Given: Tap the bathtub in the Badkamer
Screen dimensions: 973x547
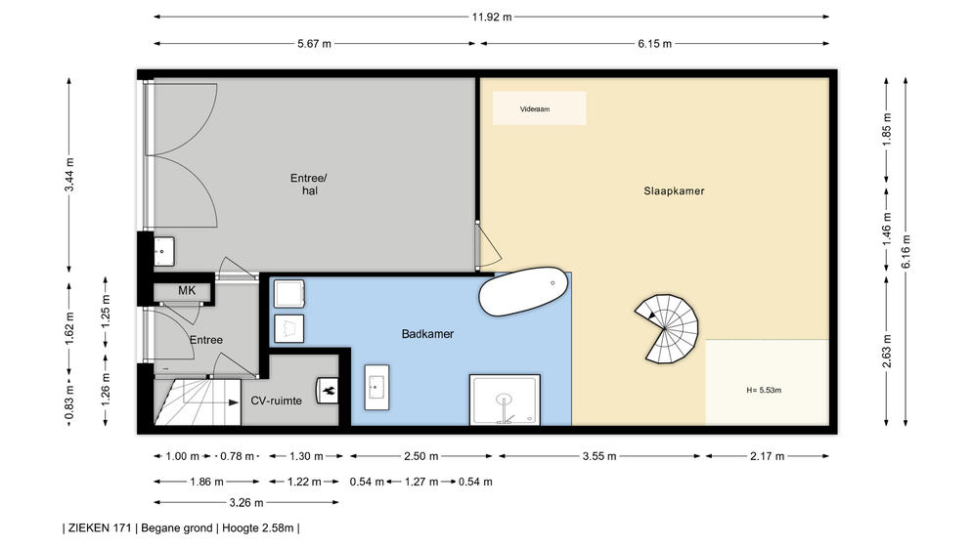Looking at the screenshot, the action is [523, 291].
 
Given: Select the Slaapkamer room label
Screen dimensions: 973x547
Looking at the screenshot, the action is [674, 191].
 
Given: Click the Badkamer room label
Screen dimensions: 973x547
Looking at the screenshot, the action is [427, 334].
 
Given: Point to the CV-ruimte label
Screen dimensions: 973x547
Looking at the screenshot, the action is [276, 400].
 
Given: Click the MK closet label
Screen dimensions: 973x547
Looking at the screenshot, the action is [187, 290].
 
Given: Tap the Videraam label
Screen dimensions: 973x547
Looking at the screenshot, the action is [535, 109].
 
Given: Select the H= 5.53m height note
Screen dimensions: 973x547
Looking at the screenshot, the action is [764, 390].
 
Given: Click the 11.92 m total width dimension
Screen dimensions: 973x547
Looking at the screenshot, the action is [492, 17].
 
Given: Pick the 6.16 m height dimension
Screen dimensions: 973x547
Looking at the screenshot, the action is [906, 252].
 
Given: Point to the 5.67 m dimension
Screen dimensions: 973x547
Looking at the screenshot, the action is [315, 43].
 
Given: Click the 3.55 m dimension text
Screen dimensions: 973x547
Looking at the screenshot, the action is [599, 456].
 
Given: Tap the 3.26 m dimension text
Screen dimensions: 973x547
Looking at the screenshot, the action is [246, 502].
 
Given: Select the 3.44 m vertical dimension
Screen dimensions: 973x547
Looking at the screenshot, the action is [69, 175].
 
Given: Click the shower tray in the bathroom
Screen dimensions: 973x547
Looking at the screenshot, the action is [505, 400].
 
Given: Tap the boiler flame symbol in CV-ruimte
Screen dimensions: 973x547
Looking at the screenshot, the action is [328, 391].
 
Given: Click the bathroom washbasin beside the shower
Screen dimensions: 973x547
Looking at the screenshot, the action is [376, 387].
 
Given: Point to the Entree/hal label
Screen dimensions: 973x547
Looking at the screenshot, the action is [309, 185].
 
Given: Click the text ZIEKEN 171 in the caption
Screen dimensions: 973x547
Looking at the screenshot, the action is [100, 528].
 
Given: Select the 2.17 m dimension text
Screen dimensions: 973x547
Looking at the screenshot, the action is [767, 456].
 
